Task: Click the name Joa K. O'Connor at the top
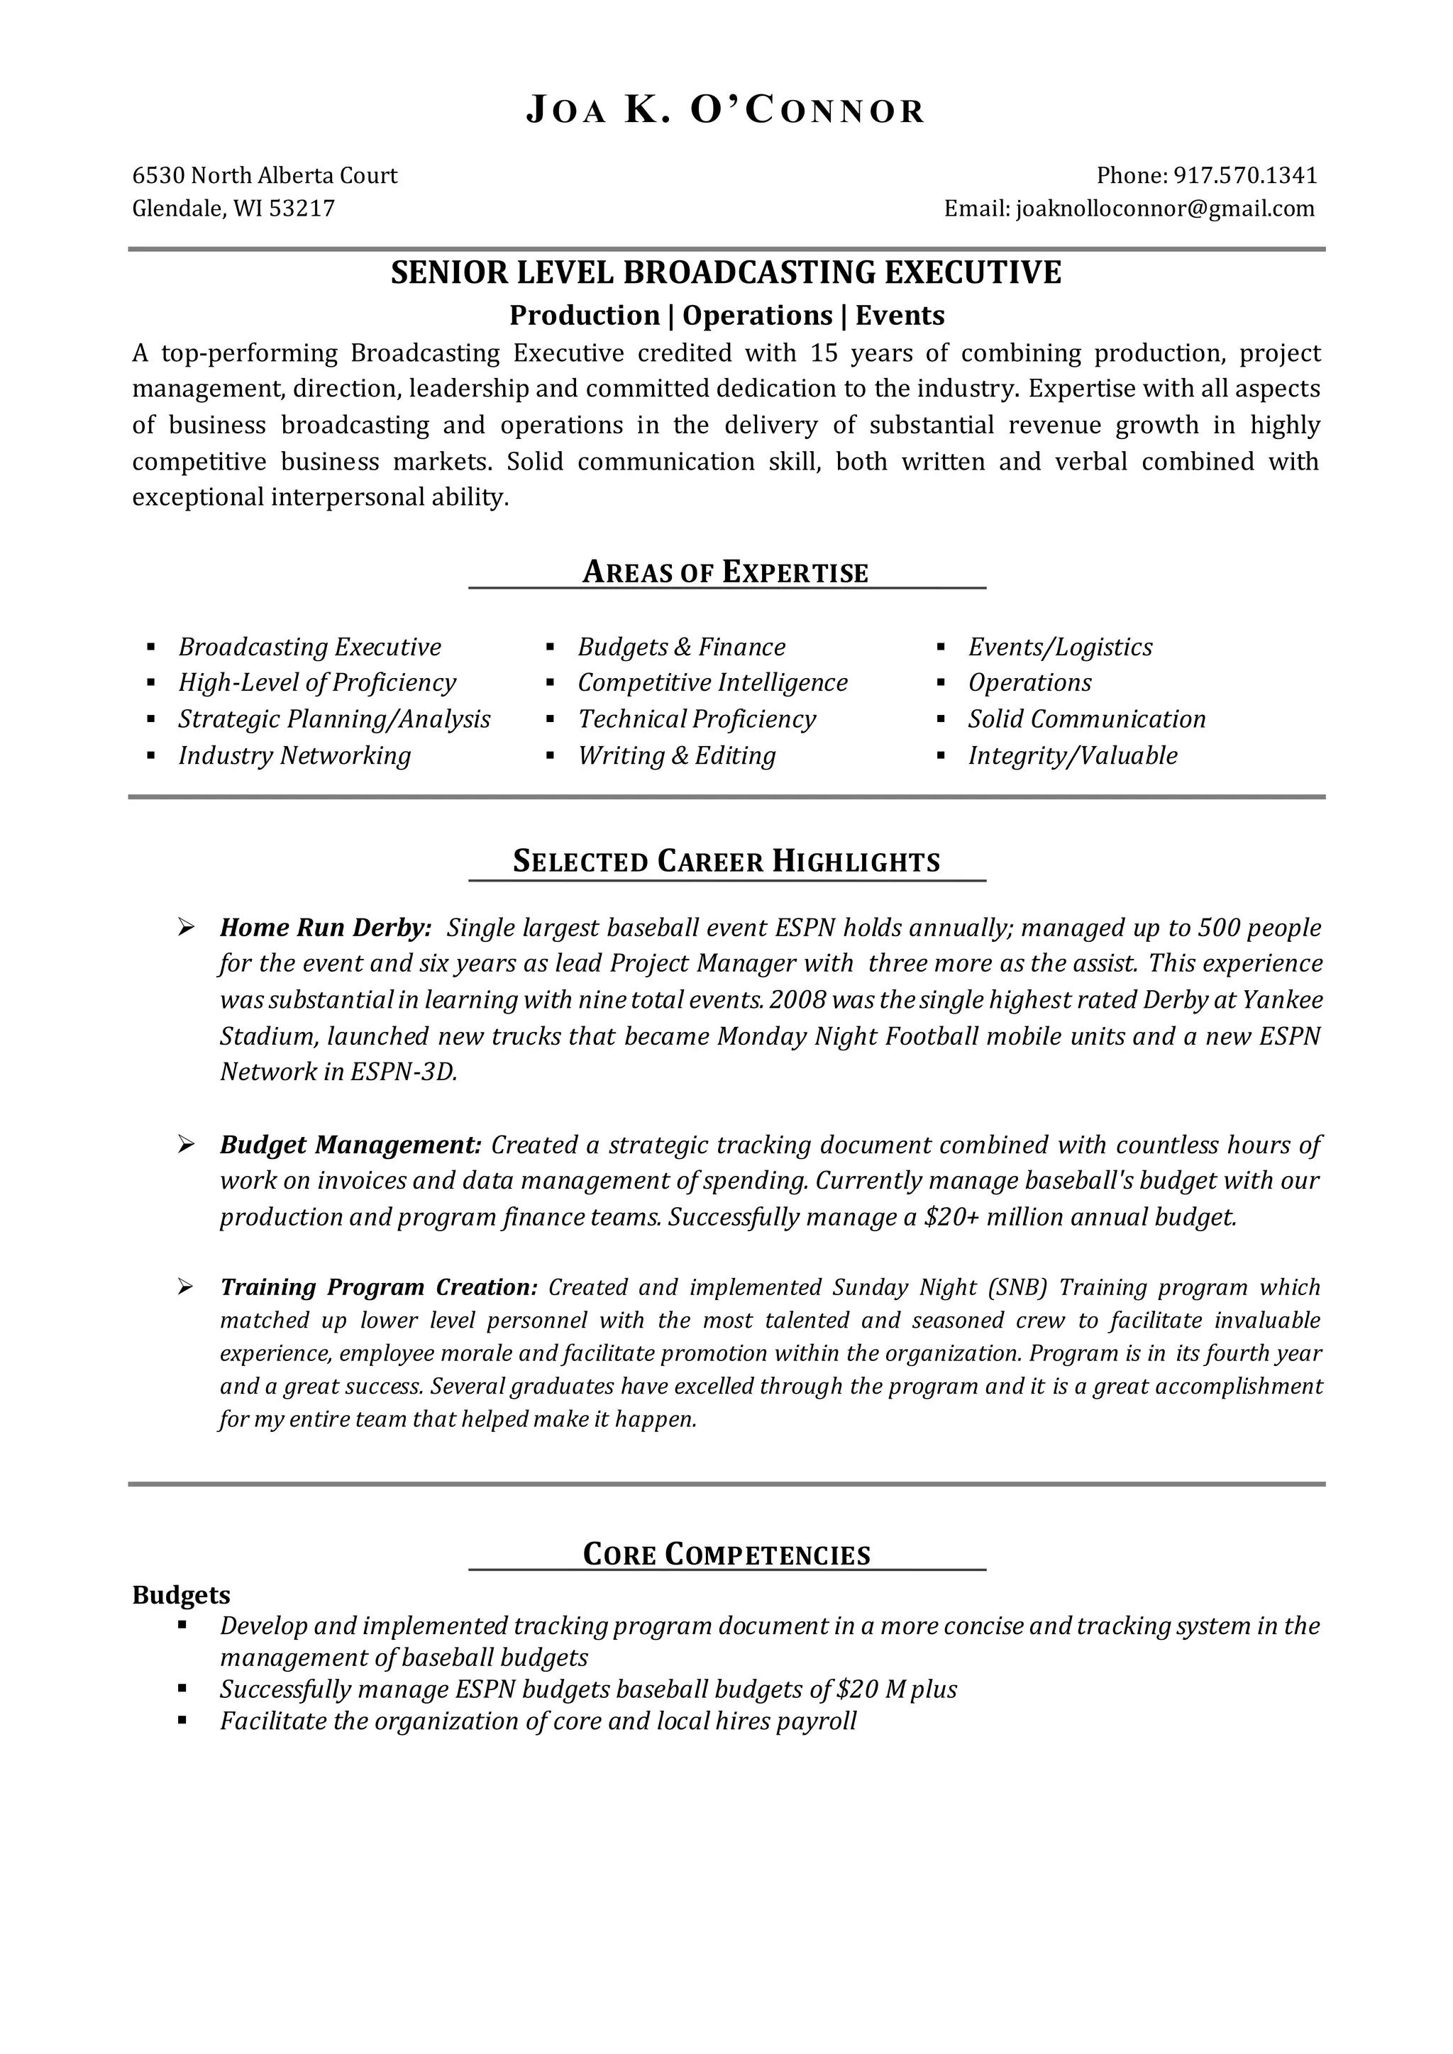pyautogui.click(x=726, y=110)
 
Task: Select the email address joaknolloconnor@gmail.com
pyautogui.click(x=1166, y=209)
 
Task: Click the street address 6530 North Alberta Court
pyautogui.click(x=265, y=175)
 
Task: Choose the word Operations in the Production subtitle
pyautogui.click(x=757, y=316)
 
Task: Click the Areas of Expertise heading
pyautogui.click(x=726, y=572)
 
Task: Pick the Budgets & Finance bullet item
pyautogui.click(x=681, y=647)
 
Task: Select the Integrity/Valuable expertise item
pyautogui.click(x=1073, y=756)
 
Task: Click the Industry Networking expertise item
pyautogui.click(x=294, y=756)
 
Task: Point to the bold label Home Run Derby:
pyautogui.click(x=326, y=928)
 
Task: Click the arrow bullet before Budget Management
pyautogui.click(x=186, y=1144)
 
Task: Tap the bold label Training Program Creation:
pyautogui.click(x=378, y=1287)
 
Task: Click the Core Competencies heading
pyautogui.click(x=726, y=1554)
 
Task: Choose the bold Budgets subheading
pyautogui.click(x=181, y=1595)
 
